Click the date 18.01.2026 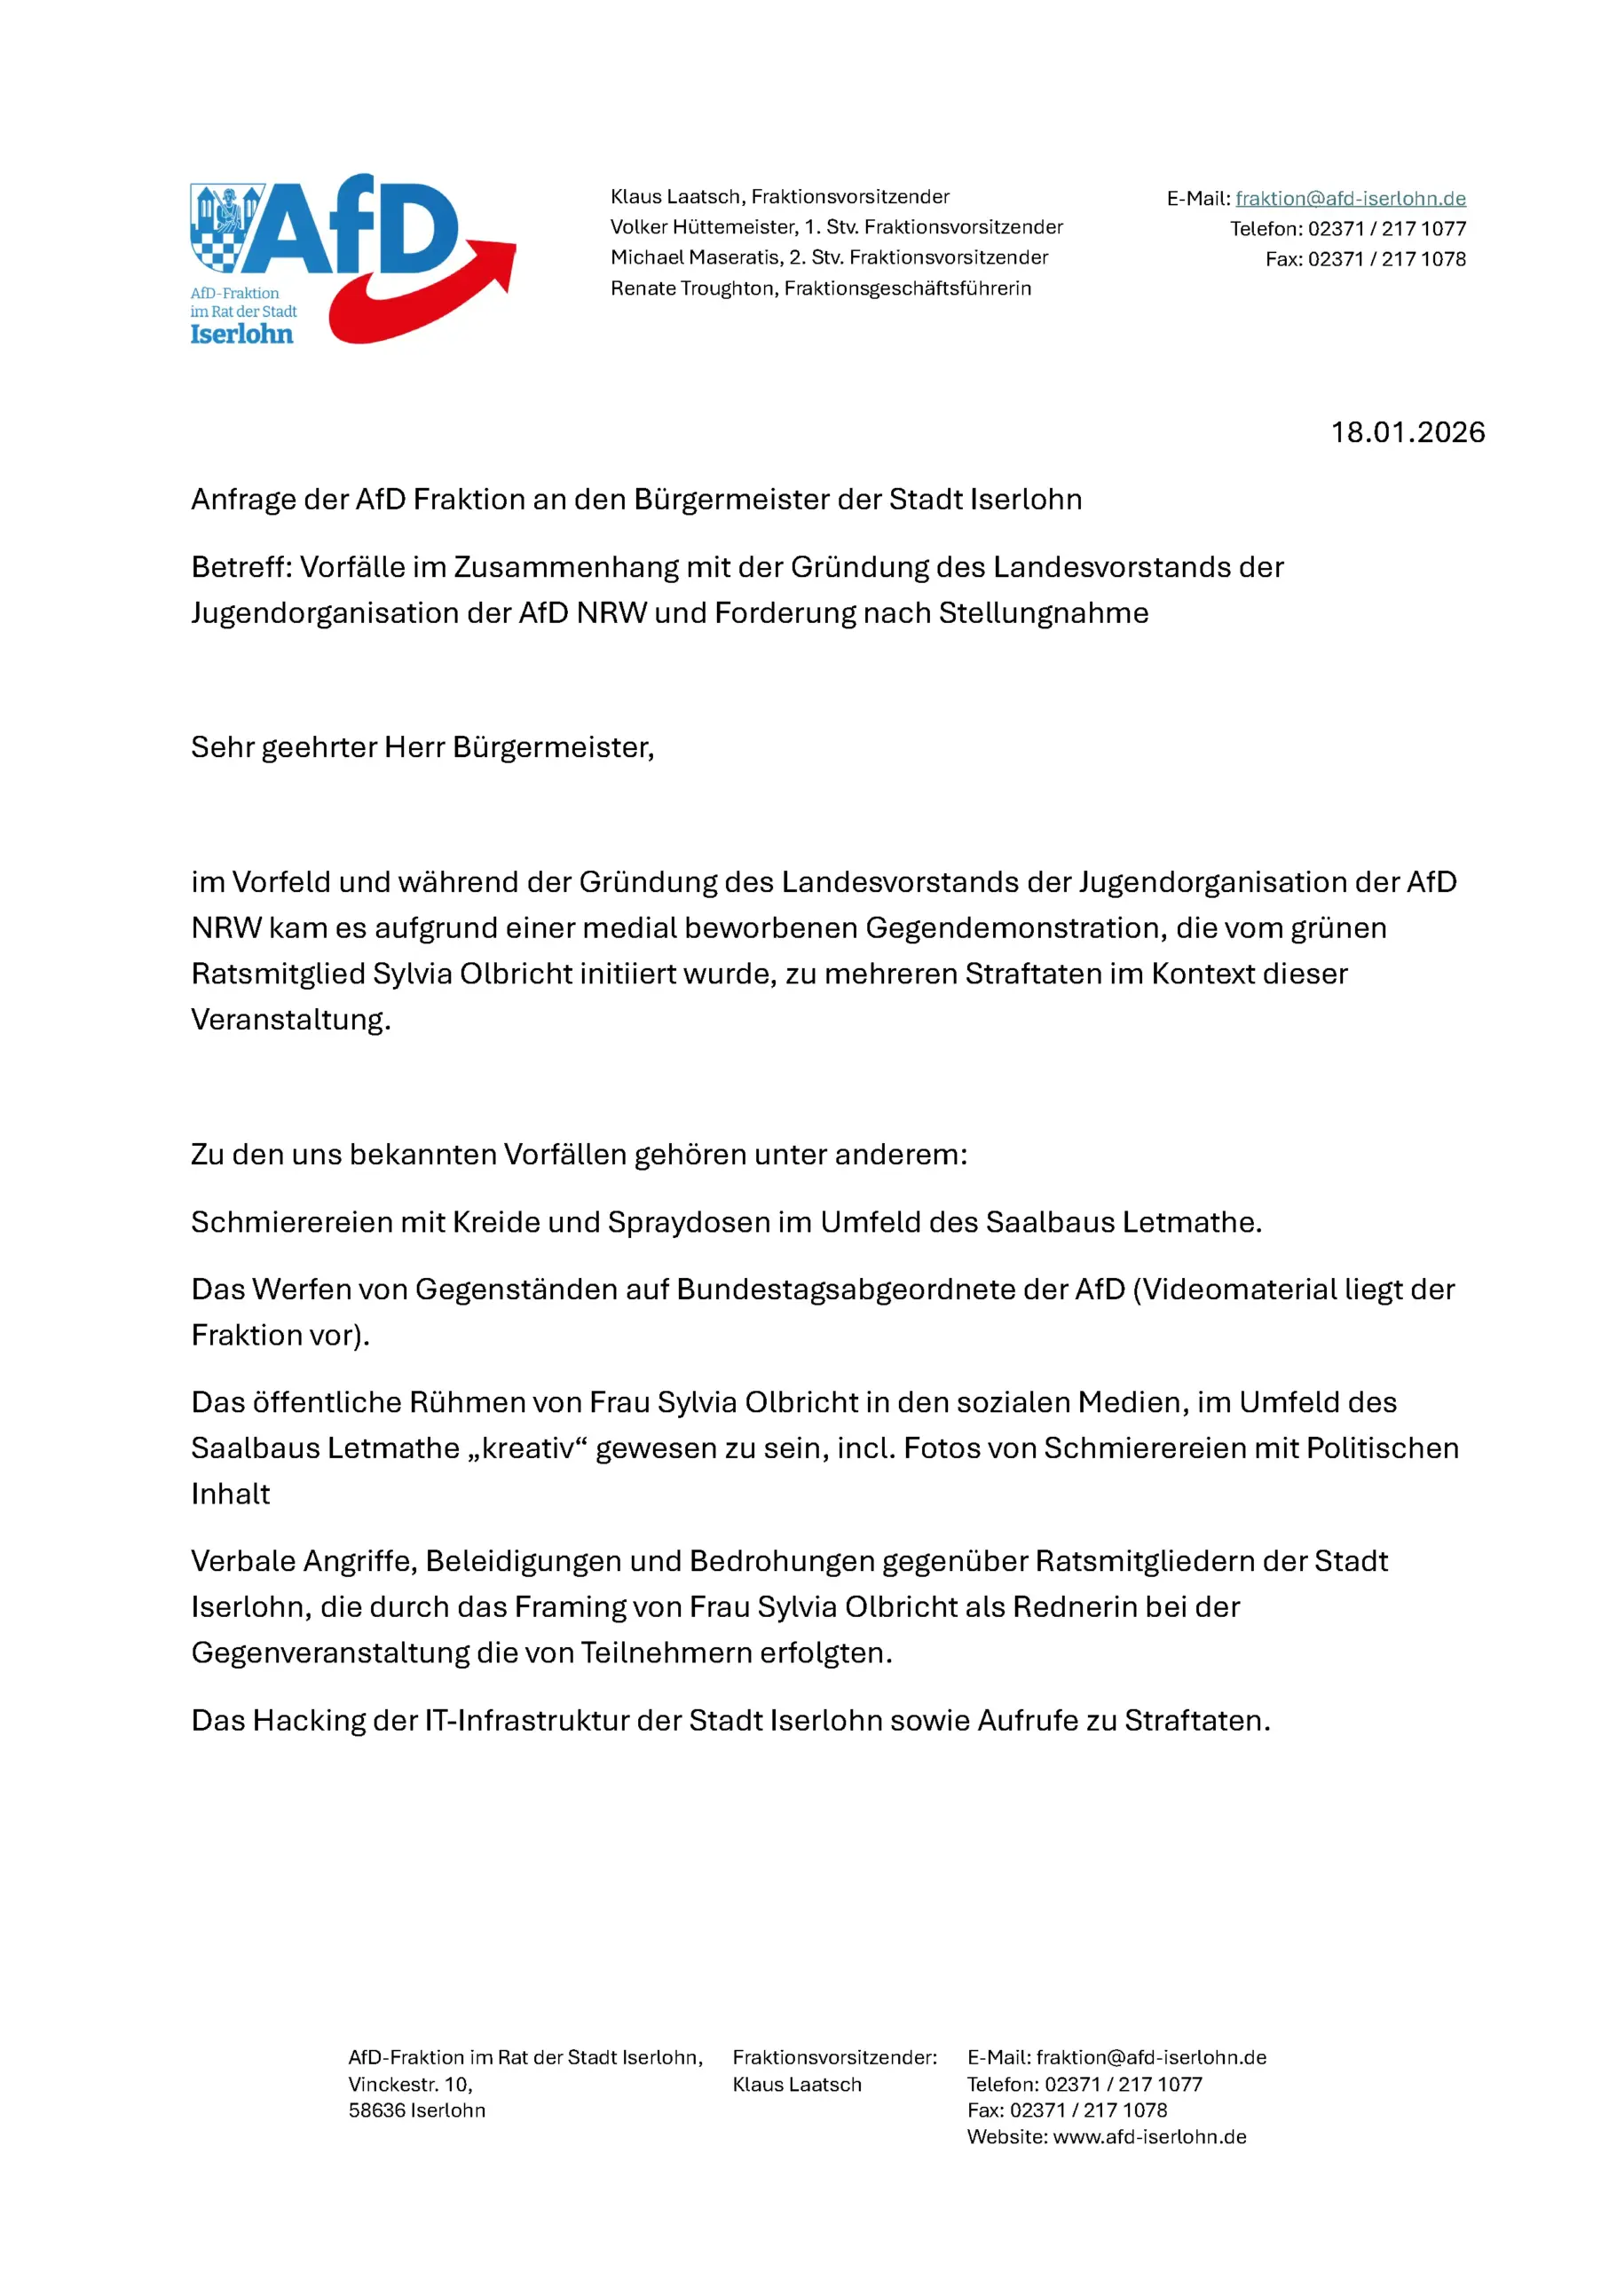tap(1407, 432)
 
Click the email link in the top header tap(1350, 199)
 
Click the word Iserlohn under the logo tap(241, 335)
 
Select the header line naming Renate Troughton tap(820, 288)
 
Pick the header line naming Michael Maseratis tap(828, 257)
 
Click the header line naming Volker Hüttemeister tap(836, 226)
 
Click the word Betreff tap(241, 567)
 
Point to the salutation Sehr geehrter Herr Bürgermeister tap(422, 747)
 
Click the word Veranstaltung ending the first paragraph tap(290, 1021)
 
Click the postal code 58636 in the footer tap(376, 2110)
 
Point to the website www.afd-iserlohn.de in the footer tap(1148, 2136)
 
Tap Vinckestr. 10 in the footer tap(410, 2084)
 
